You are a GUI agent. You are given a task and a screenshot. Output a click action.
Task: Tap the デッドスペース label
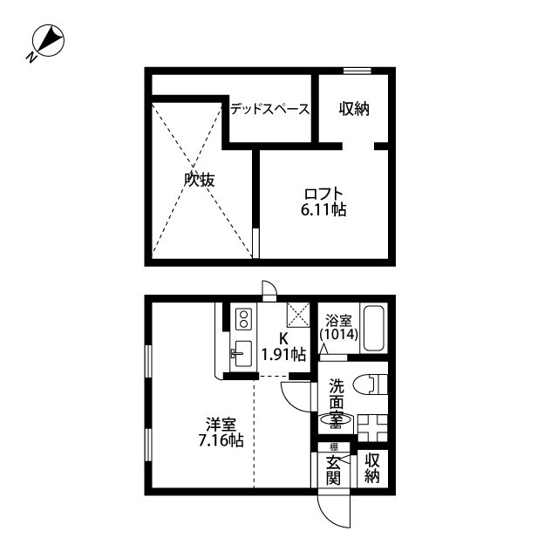tap(269, 110)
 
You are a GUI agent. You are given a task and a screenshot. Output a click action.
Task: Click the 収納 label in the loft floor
tap(354, 110)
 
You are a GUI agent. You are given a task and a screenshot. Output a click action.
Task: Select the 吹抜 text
tap(200, 180)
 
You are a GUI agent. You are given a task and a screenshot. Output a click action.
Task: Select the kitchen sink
tap(241, 354)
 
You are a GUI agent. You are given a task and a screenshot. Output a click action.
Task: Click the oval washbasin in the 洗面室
tap(335, 421)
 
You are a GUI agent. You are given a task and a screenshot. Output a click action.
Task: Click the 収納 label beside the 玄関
tap(372, 469)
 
